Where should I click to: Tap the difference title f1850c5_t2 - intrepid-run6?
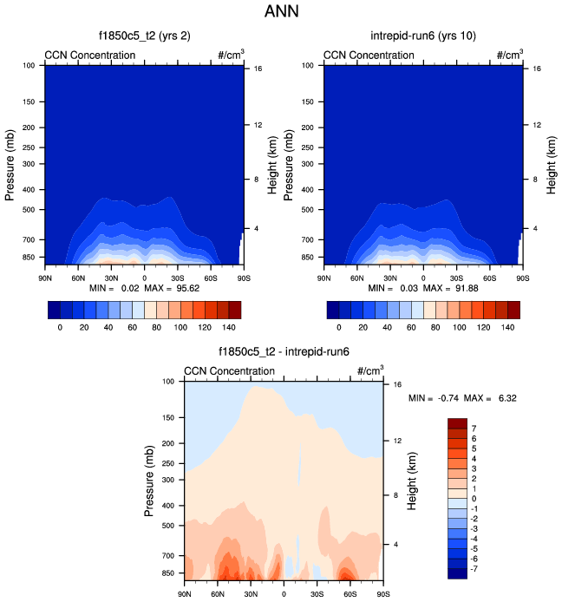click(x=284, y=352)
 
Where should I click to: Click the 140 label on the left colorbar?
click(x=230, y=328)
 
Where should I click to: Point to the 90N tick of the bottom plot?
click(x=184, y=592)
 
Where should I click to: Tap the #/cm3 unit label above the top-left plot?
click(x=231, y=55)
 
